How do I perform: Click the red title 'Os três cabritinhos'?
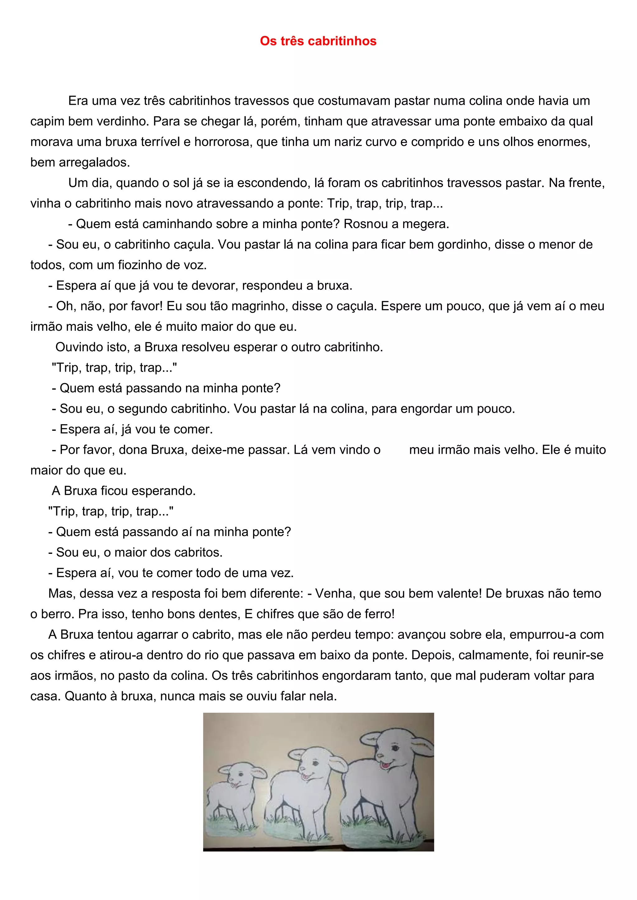coord(318,41)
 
